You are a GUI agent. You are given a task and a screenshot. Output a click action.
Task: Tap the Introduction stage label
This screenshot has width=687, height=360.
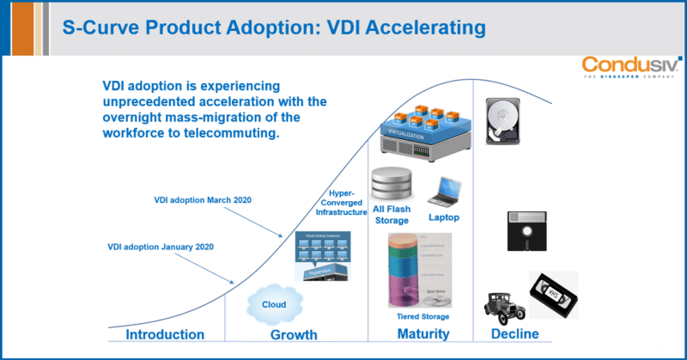[165, 334]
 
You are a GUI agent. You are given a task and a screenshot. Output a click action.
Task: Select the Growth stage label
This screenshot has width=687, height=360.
[294, 334]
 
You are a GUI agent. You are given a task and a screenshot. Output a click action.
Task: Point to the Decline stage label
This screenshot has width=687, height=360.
[514, 334]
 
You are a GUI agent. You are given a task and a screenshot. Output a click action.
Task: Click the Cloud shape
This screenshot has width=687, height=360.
[274, 304]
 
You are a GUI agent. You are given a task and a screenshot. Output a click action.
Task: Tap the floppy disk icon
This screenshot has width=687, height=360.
[526, 225]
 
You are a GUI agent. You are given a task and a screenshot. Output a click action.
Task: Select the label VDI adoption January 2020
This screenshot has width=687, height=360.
[161, 247]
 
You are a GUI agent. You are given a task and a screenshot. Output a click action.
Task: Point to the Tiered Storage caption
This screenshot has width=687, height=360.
[423, 317]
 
